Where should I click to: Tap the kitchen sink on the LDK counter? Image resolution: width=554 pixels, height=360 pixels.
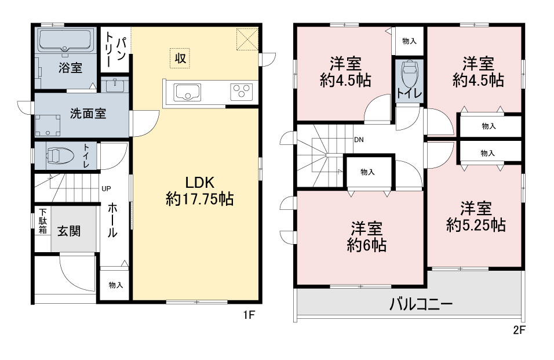pos(187,92)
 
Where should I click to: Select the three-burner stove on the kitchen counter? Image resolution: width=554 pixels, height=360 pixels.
pos(242,92)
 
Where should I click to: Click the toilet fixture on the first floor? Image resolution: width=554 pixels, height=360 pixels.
pos(59,155)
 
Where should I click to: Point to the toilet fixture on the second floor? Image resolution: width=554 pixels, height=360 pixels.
pos(410,75)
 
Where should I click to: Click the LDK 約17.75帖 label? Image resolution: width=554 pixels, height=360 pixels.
pos(199,191)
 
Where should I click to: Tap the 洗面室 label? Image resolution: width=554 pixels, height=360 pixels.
pos(88,114)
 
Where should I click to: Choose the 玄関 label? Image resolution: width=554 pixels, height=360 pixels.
pos(69,231)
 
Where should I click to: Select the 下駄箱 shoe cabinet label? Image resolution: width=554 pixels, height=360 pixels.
pos(43,221)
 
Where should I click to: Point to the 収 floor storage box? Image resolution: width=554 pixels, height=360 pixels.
pos(180,58)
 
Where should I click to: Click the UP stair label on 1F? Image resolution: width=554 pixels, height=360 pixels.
pos(106,188)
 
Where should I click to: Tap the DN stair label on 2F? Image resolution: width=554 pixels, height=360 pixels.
pos(359,140)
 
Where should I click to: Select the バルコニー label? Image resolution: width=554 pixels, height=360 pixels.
pos(421,304)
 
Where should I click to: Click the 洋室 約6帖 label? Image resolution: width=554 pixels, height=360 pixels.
pos(366,237)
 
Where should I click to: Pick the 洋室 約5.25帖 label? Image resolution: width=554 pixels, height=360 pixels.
pos(476,217)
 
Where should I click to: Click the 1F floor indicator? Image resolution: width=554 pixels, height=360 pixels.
pos(249,314)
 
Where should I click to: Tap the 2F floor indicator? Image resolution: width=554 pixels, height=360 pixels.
pos(519,330)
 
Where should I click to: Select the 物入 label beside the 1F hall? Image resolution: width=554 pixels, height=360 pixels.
pos(115,285)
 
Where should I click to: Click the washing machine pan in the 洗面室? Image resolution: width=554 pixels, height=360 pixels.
pos(48,125)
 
